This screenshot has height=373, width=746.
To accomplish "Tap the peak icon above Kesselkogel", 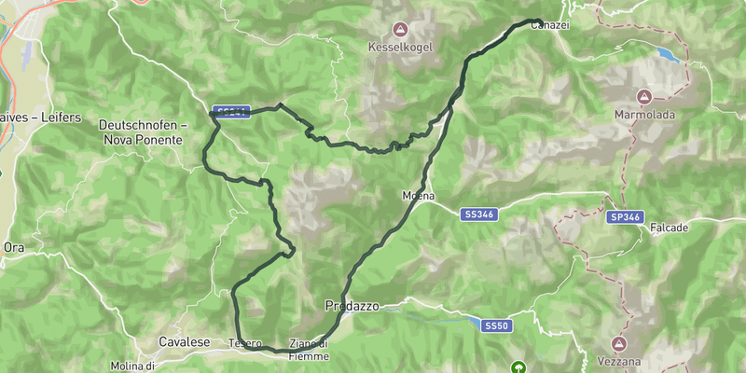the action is tap(400, 29).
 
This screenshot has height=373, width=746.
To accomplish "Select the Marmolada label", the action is tap(643, 114).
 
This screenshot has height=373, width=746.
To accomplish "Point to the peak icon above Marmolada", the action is tap(643, 97).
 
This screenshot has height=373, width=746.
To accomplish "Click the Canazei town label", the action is tap(550, 27).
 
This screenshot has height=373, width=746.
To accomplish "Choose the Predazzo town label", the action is tap(351, 305).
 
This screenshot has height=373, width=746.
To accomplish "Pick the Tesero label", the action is tap(245, 343).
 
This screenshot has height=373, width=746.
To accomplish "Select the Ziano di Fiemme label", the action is tap(310, 348).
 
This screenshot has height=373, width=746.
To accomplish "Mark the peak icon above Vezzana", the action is tap(618, 343).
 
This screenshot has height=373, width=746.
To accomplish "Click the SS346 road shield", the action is tap(478, 214).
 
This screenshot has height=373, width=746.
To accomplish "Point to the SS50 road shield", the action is tap(496, 325).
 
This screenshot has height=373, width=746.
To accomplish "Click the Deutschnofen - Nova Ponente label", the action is tap(144, 131).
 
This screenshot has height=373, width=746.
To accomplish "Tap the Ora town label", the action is tap(14, 247).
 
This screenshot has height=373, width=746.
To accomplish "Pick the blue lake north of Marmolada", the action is tap(668, 55).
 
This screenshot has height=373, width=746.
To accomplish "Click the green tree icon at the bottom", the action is tap(518, 367).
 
